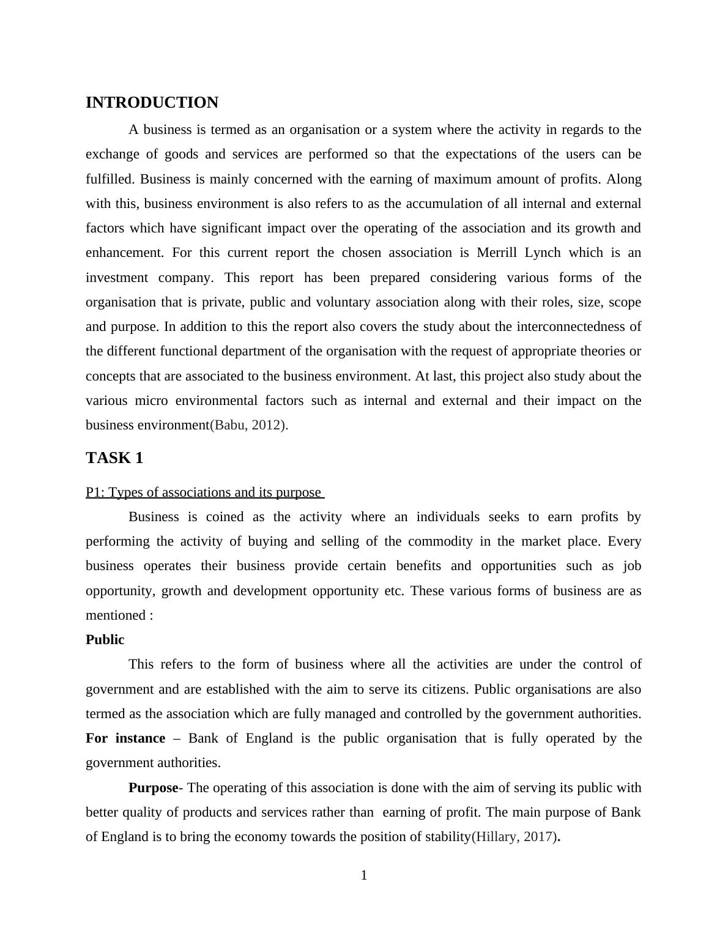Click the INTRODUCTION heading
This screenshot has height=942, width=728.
(152, 103)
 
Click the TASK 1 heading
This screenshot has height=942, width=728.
(114, 458)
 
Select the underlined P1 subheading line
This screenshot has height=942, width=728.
(204, 492)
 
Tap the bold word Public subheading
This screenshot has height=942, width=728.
(105, 640)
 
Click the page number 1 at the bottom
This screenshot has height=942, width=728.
(364, 875)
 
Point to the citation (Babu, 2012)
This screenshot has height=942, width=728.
(248, 425)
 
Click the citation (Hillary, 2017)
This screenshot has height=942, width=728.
(514, 837)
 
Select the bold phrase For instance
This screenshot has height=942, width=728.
(125, 738)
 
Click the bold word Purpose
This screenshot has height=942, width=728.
(153, 788)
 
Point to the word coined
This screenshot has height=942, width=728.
(225, 517)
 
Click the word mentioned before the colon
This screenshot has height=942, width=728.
(115, 615)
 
